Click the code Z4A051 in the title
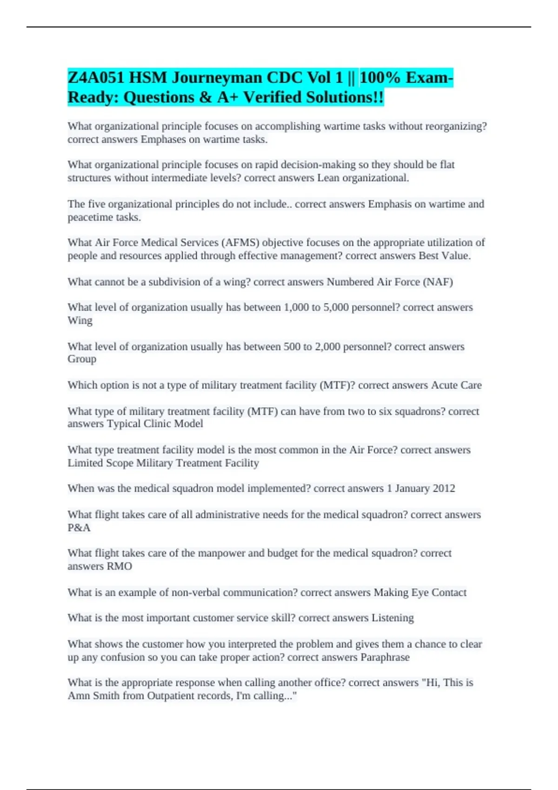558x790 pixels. click(96, 77)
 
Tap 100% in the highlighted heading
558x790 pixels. click(379, 77)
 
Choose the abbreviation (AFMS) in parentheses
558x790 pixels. click(240, 243)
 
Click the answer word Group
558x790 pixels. click(82, 359)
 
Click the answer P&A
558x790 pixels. click(79, 528)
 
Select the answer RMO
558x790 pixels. click(120, 566)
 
